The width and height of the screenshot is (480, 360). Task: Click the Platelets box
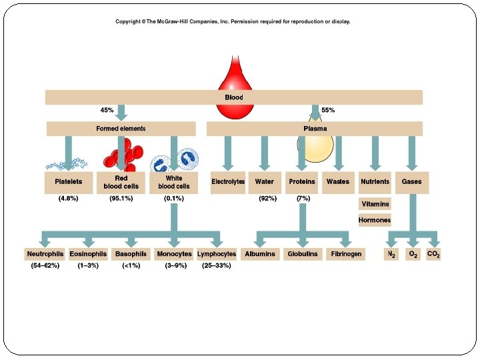point(67,182)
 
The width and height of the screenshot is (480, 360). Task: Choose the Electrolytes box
point(228,182)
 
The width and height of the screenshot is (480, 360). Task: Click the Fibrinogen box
point(346,254)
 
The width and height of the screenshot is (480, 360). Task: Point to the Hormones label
point(375,220)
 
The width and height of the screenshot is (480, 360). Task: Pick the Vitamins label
point(375,204)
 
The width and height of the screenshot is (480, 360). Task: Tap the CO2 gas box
point(433,255)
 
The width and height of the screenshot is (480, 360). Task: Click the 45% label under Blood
point(107,111)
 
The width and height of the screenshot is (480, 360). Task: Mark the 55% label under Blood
point(328,111)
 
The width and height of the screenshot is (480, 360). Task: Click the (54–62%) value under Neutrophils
point(45,266)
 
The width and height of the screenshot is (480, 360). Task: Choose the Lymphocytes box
point(217,254)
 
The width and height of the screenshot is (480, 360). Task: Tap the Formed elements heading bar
point(121,129)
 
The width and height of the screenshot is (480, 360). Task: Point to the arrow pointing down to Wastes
point(339,153)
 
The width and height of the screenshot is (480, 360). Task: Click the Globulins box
point(303,254)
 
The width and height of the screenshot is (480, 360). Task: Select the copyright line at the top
point(233,22)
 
